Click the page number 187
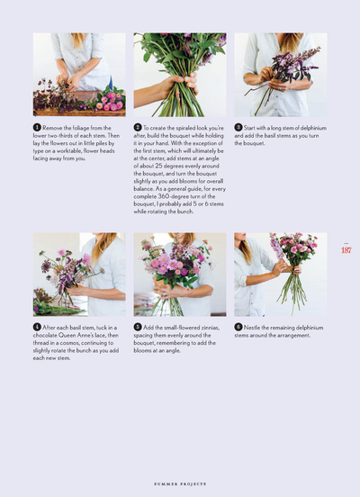click(x=346, y=250)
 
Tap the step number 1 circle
click(x=37, y=128)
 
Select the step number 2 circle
click(x=138, y=128)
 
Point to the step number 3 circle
click(x=238, y=128)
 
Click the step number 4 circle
click(x=37, y=327)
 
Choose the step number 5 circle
click(x=138, y=327)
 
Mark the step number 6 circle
click(x=238, y=327)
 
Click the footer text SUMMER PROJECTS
click(x=179, y=482)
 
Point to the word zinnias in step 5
click(x=200, y=328)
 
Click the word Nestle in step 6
click(x=253, y=328)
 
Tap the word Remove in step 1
click(x=55, y=129)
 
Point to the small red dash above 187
click(x=346, y=241)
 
